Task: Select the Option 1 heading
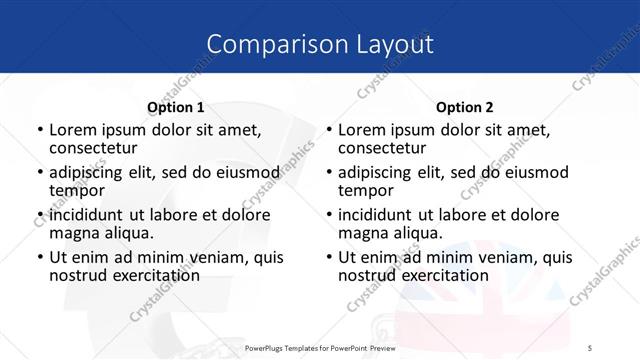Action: pyautogui.click(x=175, y=107)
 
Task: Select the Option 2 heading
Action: pyautogui.click(x=465, y=107)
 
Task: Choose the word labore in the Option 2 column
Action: pyautogui.click(x=476, y=215)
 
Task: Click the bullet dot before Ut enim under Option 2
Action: pyautogui.click(x=329, y=258)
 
